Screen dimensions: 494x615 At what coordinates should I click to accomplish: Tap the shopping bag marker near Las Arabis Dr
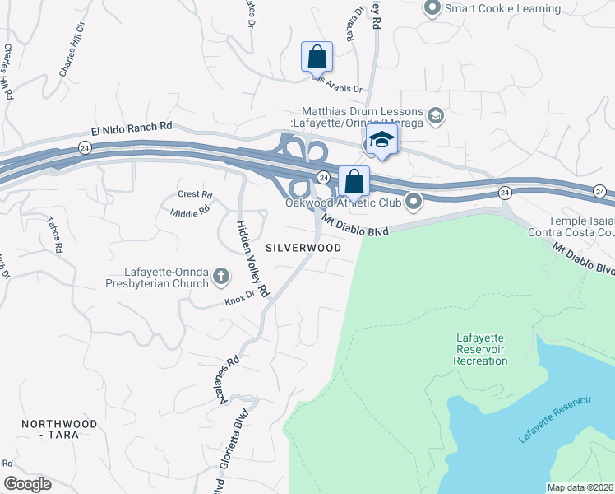[x=317, y=58]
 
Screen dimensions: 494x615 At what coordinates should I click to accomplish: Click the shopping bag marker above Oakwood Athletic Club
[x=354, y=180]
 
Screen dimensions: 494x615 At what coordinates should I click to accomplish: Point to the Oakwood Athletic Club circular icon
[x=413, y=202]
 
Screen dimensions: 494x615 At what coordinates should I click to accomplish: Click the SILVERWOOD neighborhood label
[x=303, y=247]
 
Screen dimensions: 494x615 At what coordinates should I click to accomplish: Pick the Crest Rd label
[x=195, y=195]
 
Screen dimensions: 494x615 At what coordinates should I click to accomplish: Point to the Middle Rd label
[x=190, y=213]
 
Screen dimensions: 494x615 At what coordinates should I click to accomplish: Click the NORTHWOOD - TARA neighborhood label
[x=59, y=429]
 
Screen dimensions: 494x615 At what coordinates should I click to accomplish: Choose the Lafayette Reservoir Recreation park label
[x=480, y=349]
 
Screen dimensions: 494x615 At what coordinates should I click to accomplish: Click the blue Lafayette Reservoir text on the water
[x=555, y=419]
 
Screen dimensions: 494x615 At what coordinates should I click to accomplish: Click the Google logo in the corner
[x=27, y=484]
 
